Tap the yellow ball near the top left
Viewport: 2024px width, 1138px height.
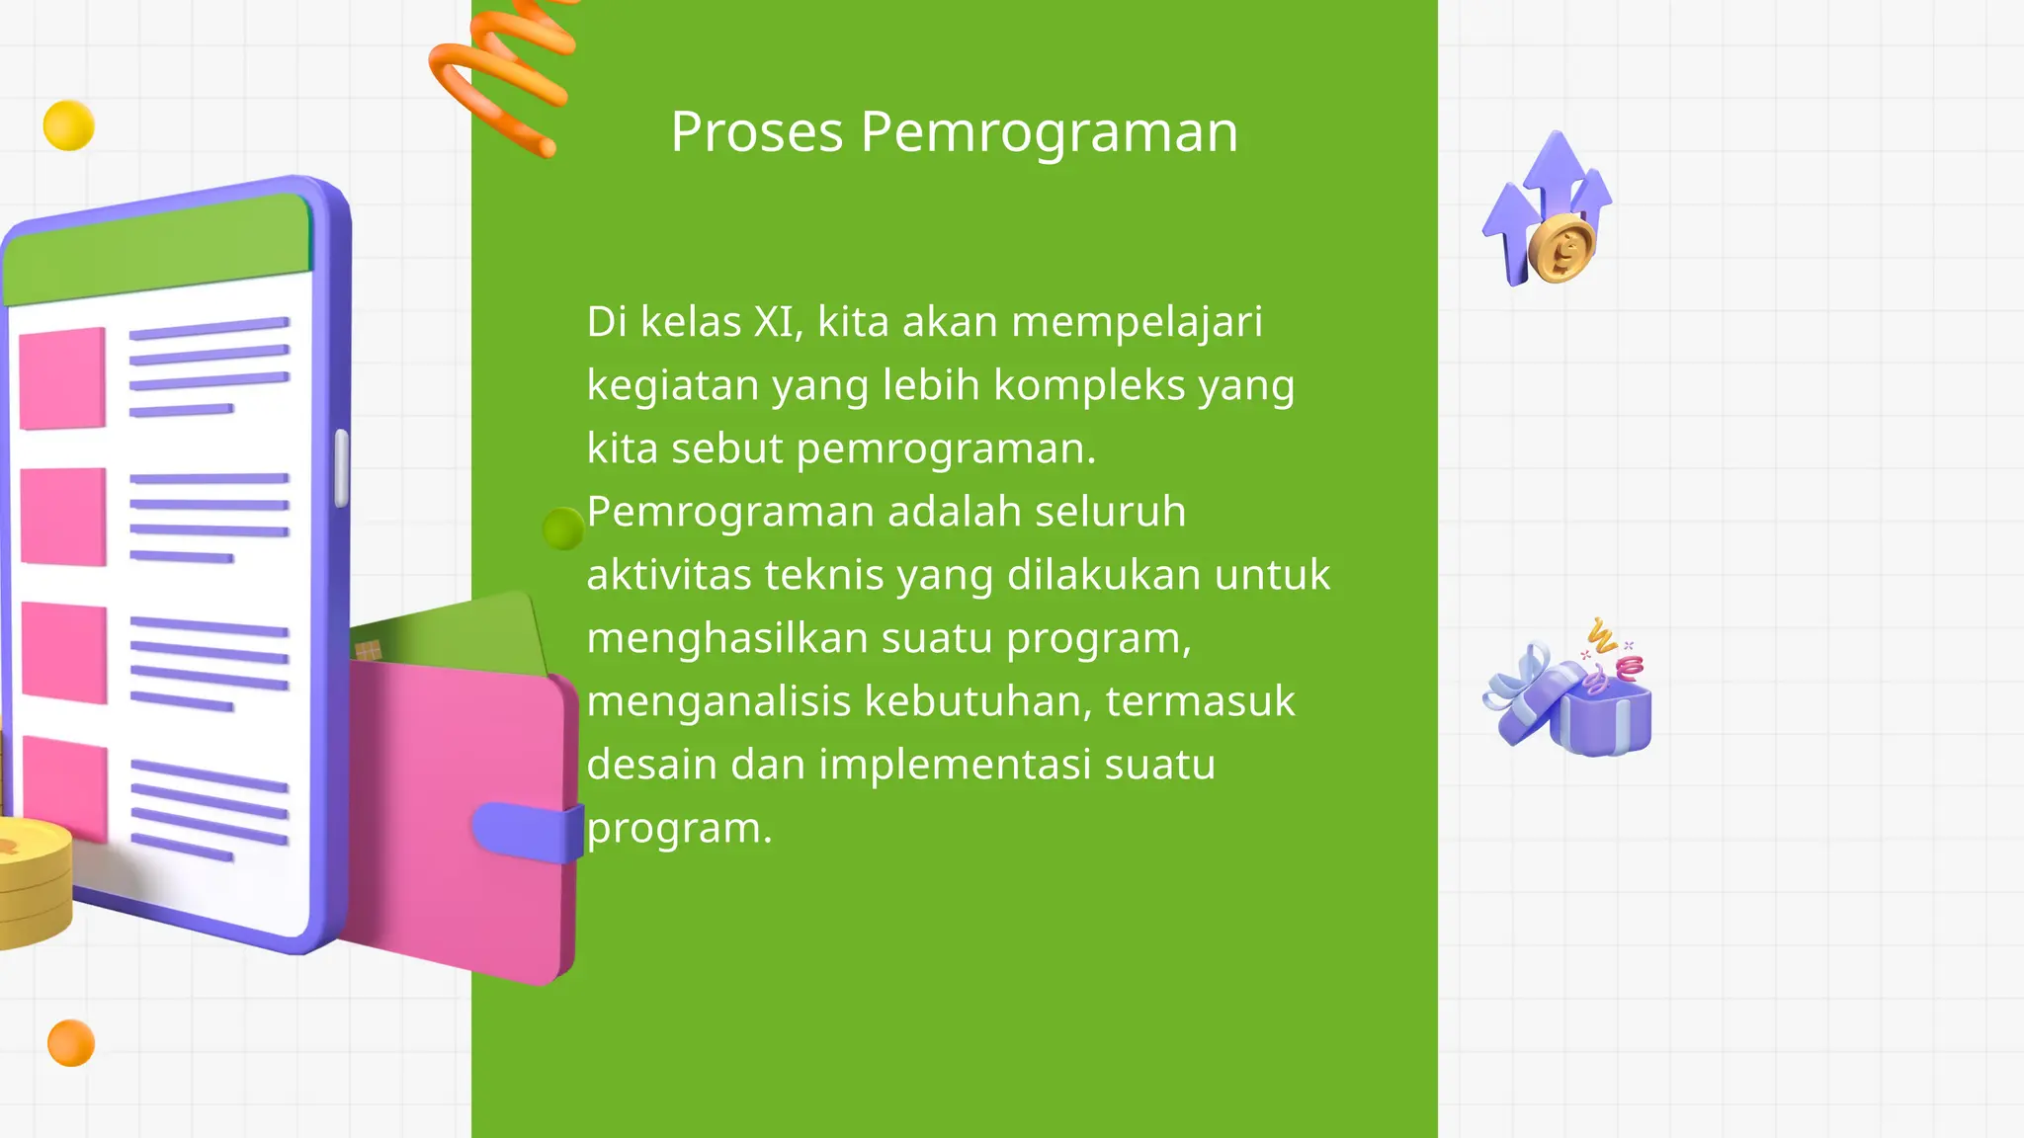69,125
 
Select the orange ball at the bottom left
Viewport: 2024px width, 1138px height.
71,1043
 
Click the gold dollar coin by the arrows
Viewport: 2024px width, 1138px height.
1561,250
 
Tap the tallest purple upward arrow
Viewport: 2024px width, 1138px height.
1558,168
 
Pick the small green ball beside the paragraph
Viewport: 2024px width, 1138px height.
563,528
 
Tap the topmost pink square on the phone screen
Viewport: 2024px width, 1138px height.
62,378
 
